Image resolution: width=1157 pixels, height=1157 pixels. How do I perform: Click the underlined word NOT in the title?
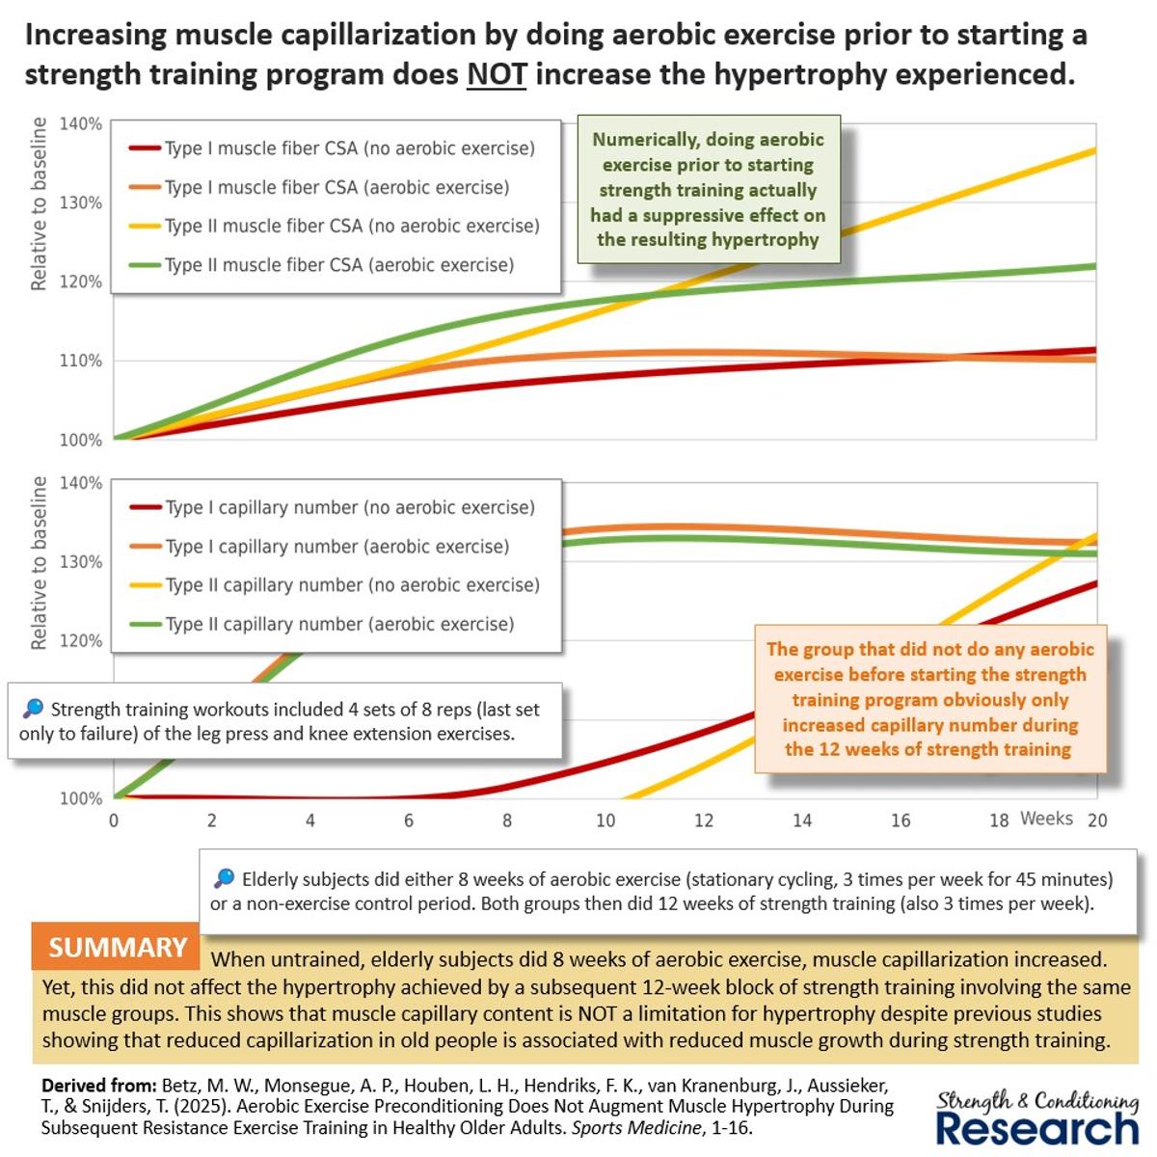click(x=496, y=74)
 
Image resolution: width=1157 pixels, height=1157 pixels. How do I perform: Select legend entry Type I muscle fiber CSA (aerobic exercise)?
click(x=336, y=187)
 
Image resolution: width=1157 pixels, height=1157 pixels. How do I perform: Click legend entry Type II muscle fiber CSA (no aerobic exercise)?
click(x=352, y=226)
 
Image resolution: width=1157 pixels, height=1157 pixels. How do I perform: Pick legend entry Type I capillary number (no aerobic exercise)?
click(x=349, y=507)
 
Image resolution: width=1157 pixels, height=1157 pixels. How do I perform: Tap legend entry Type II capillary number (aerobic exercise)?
click(x=339, y=624)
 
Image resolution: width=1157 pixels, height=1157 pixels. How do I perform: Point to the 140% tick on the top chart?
click(x=81, y=123)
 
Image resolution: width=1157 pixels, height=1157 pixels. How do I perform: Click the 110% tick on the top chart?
click(x=81, y=361)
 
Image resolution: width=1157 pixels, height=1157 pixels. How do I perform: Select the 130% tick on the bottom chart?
click(x=81, y=562)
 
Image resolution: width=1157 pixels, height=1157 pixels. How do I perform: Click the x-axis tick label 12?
click(x=704, y=821)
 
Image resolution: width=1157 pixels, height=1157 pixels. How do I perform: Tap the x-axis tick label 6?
click(x=409, y=821)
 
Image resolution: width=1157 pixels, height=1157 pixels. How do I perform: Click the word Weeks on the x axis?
click(x=1046, y=819)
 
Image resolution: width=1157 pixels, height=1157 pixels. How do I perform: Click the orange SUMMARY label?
click(x=117, y=947)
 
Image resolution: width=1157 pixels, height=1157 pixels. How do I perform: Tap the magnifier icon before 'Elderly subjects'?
click(x=224, y=878)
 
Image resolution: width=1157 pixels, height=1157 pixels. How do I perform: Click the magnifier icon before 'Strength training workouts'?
click(x=33, y=709)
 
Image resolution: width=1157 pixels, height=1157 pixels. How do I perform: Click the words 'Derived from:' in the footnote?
click(x=92, y=1085)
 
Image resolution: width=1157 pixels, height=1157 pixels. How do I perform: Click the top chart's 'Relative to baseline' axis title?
click(x=39, y=203)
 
